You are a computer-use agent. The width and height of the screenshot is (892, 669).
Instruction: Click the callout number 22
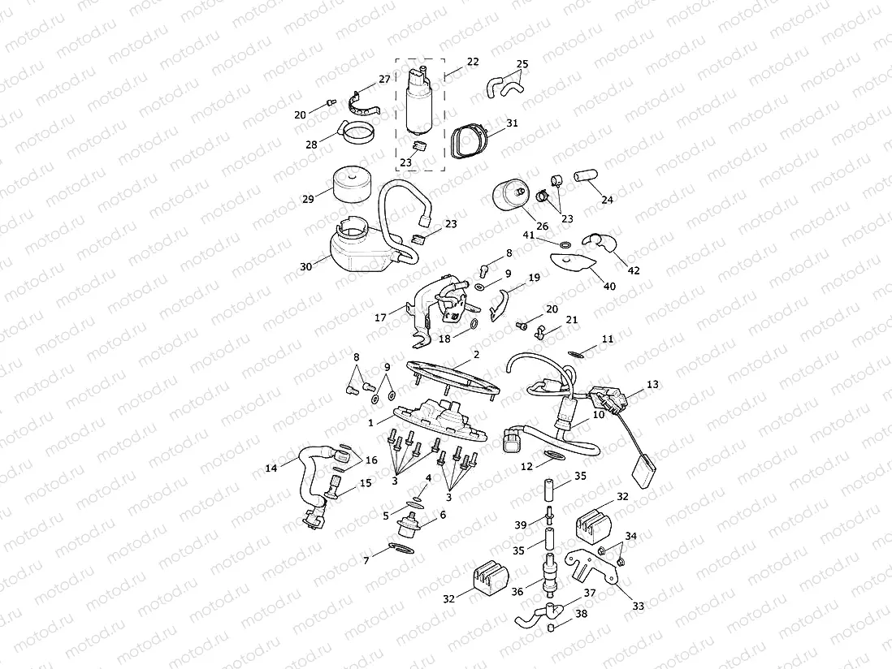pos(473,62)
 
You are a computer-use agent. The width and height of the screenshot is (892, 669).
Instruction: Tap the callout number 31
pos(512,123)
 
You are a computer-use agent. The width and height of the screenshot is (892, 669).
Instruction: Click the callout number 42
pos(634,270)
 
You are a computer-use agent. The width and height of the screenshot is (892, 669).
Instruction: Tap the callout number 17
pos(380,318)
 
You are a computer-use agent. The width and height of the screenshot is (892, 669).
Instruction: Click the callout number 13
pos(652,384)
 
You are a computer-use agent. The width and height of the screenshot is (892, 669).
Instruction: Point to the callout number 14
pos(271,468)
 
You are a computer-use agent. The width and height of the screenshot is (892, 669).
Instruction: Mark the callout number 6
pos(443,515)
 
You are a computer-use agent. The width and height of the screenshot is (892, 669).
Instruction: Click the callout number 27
pos(384,80)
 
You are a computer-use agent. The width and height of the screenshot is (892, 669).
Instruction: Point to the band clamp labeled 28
pos(357,132)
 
